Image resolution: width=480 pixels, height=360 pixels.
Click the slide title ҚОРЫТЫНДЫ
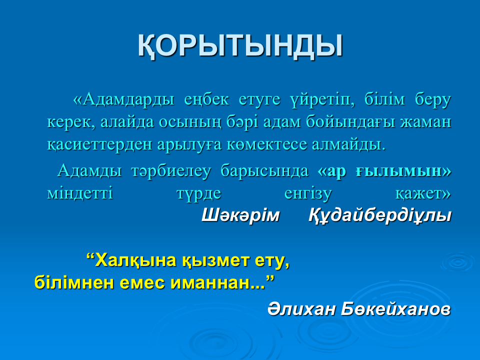click(240, 46)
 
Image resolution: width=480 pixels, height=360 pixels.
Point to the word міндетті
click(80, 193)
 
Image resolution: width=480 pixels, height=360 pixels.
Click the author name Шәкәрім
click(240, 215)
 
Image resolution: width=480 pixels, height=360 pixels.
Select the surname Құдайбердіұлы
click(380, 215)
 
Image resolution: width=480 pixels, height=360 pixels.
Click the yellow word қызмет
click(216, 260)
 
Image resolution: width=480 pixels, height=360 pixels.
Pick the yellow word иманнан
click(218, 282)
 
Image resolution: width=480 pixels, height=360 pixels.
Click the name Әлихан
click(301, 309)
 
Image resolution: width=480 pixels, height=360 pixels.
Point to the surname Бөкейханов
click(395, 309)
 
